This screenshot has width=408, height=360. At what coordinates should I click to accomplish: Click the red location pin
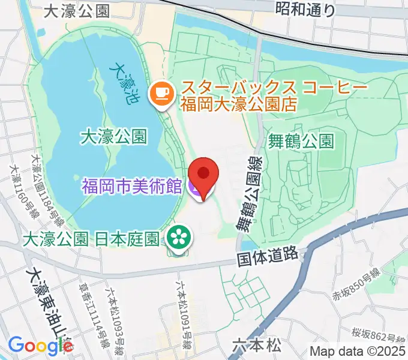pos(204,174)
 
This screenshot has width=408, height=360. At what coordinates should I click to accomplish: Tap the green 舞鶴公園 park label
pos(300,142)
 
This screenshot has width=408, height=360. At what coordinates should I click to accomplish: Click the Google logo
pos(40,345)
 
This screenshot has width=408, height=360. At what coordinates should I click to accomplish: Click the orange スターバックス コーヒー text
pos(273,88)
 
